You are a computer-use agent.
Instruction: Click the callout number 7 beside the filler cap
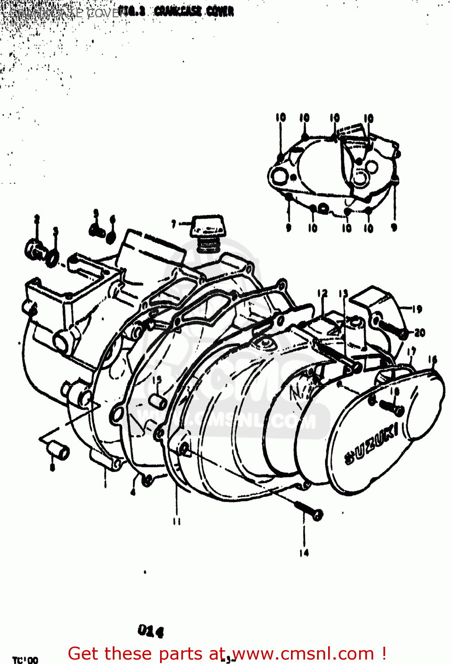(x=174, y=224)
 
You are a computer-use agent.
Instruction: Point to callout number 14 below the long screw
(x=304, y=552)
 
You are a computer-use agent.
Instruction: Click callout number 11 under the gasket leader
(x=177, y=521)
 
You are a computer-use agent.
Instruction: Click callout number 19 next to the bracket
(x=417, y=309)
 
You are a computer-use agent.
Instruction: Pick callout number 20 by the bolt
(x=420, y=332)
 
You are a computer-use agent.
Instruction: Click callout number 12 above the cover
(x=322, y=293)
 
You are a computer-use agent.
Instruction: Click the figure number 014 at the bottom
(x=150, y=630)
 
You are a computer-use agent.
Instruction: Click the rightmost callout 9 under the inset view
(x=394, y=228)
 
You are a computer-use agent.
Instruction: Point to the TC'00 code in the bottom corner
(x=25, y=660)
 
